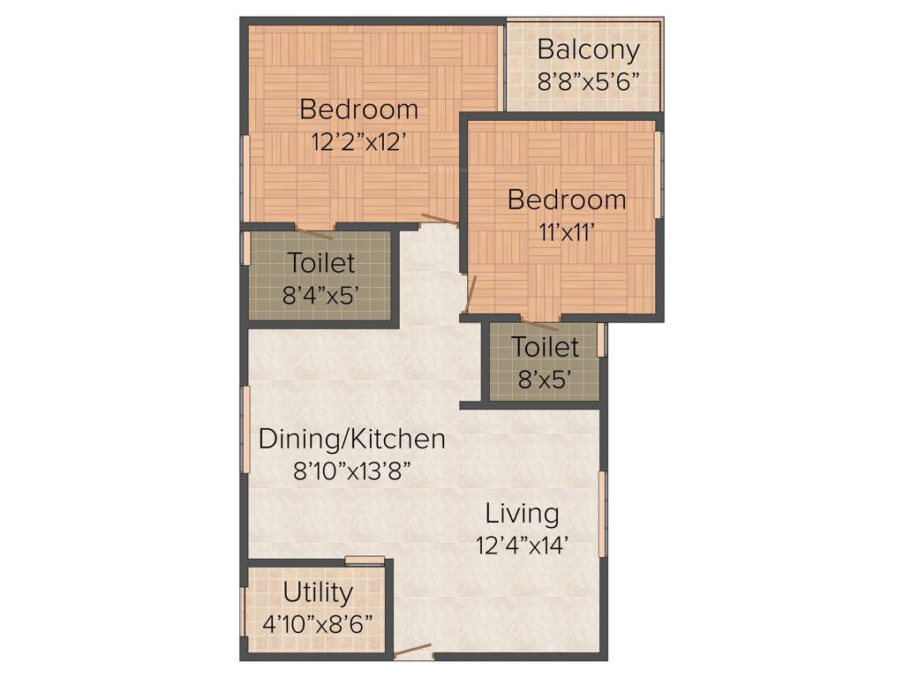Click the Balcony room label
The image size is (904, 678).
[x=587, y=49]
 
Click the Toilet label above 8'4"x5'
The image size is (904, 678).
[x=320, y=263]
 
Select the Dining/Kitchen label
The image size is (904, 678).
[x=351, y=439]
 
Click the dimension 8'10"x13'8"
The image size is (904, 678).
[x=352, y=471]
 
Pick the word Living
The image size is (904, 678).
[x=522, y=513]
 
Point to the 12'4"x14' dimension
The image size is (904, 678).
[x=521, y=545]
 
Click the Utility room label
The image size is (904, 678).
[x=318, y=592]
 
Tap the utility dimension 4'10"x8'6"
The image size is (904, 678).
[x=318, y=623]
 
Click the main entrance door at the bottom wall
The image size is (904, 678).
[x=412, y=652]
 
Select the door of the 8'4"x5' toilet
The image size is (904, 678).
[x=313, y=233]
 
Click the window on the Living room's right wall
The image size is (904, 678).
[x=603, y=514]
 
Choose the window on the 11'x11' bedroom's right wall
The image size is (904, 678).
[x=658, y=174]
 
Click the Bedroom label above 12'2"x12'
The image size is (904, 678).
[x=358, y=109]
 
